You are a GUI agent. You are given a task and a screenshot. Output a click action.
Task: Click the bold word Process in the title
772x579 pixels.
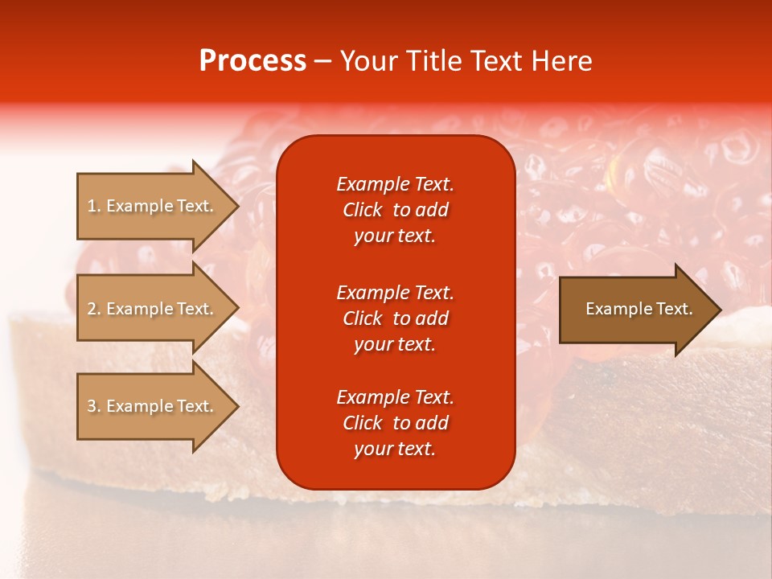click(253, 61)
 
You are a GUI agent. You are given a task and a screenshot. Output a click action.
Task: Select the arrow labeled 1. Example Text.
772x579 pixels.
click(152, 206)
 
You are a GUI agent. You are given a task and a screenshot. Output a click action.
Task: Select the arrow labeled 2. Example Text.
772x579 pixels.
click(152, 309)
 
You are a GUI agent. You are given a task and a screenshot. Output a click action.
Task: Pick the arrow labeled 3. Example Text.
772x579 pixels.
click(152, 406)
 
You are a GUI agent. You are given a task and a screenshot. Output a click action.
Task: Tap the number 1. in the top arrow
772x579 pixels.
click(94, 206)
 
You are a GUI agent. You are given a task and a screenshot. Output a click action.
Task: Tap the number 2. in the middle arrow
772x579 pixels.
click(94, 309)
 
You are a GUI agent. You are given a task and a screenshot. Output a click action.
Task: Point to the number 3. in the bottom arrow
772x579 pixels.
click(94, 406)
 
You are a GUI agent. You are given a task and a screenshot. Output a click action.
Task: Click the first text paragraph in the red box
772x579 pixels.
click(395, 210)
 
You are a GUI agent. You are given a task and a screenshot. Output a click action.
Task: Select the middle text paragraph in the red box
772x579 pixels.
click(395, 318)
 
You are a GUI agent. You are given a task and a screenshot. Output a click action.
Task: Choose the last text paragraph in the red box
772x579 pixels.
click(395, 423)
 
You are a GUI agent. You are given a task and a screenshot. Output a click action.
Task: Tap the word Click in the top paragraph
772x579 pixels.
click(362, 210)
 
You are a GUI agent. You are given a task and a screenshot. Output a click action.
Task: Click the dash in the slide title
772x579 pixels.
click(323, 61)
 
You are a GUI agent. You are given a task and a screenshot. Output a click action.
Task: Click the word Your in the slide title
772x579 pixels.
click(366, 61)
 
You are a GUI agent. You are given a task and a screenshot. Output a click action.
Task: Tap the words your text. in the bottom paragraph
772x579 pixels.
click(395, 449)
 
